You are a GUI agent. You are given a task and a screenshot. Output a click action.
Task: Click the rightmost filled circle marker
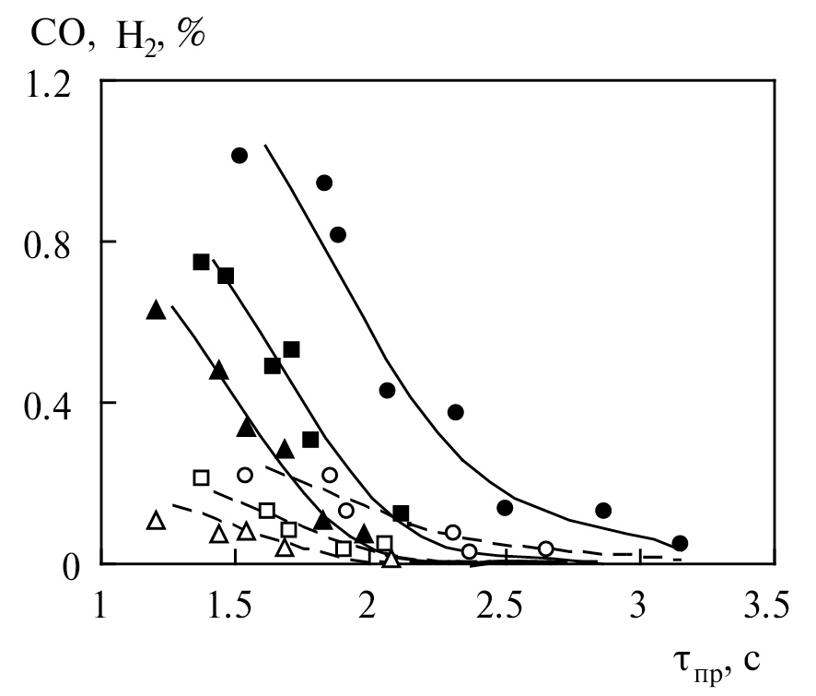[x=680, y=543]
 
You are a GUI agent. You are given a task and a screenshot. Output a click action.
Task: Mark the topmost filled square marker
[x=202, y=262]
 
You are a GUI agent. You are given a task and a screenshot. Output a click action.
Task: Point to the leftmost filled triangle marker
[x=156, y=311]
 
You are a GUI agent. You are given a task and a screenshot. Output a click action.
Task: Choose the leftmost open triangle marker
[x=156, y=521]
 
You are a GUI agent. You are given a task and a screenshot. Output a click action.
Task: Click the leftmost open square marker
[x=202, y=478]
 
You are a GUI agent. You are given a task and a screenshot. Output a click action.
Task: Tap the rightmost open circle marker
[x=546, y=549]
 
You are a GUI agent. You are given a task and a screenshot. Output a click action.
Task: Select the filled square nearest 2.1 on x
[x=401, y=513]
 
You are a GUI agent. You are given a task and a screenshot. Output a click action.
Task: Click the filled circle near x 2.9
[x=603, y=510]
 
